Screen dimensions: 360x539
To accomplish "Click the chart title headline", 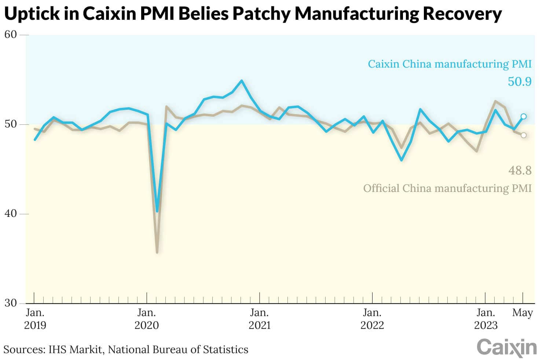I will [x=253, y=14].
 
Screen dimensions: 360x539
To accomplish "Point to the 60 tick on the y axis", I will [x=10, y=34].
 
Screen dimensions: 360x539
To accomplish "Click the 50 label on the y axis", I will [x=10, y=124].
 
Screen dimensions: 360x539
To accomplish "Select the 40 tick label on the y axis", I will [x=10, y=214].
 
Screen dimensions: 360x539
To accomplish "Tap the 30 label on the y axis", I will [x=10, y=303].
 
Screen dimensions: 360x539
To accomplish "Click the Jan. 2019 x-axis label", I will [x=35, y=319].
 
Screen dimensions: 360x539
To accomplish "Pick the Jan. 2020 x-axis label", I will [x=147, y=319].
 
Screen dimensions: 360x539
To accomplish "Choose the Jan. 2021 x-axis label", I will [x=260, y=319].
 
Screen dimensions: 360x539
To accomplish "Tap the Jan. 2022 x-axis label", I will [x=372, y=319].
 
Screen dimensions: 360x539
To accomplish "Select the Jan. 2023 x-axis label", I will [x=485, y=319].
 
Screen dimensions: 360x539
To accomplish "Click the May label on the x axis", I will [x=522, y=313].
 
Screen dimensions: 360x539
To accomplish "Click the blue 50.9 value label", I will [x=519, y=81].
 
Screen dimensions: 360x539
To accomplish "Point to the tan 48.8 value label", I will [x=520, y=170].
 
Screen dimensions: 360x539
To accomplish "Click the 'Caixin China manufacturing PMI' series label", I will [x=450, y=64].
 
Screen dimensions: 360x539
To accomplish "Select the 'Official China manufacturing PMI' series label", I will [x=447, y=188].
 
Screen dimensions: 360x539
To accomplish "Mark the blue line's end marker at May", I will [x=524, y=116].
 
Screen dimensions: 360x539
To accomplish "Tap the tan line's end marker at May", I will [x=524, y=135].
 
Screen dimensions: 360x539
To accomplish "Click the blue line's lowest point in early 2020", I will [x=157, y=211].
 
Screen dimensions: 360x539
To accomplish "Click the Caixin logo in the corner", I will [x=506, y=347].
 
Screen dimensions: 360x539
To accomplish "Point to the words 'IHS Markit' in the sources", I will [x=75, y=349].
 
